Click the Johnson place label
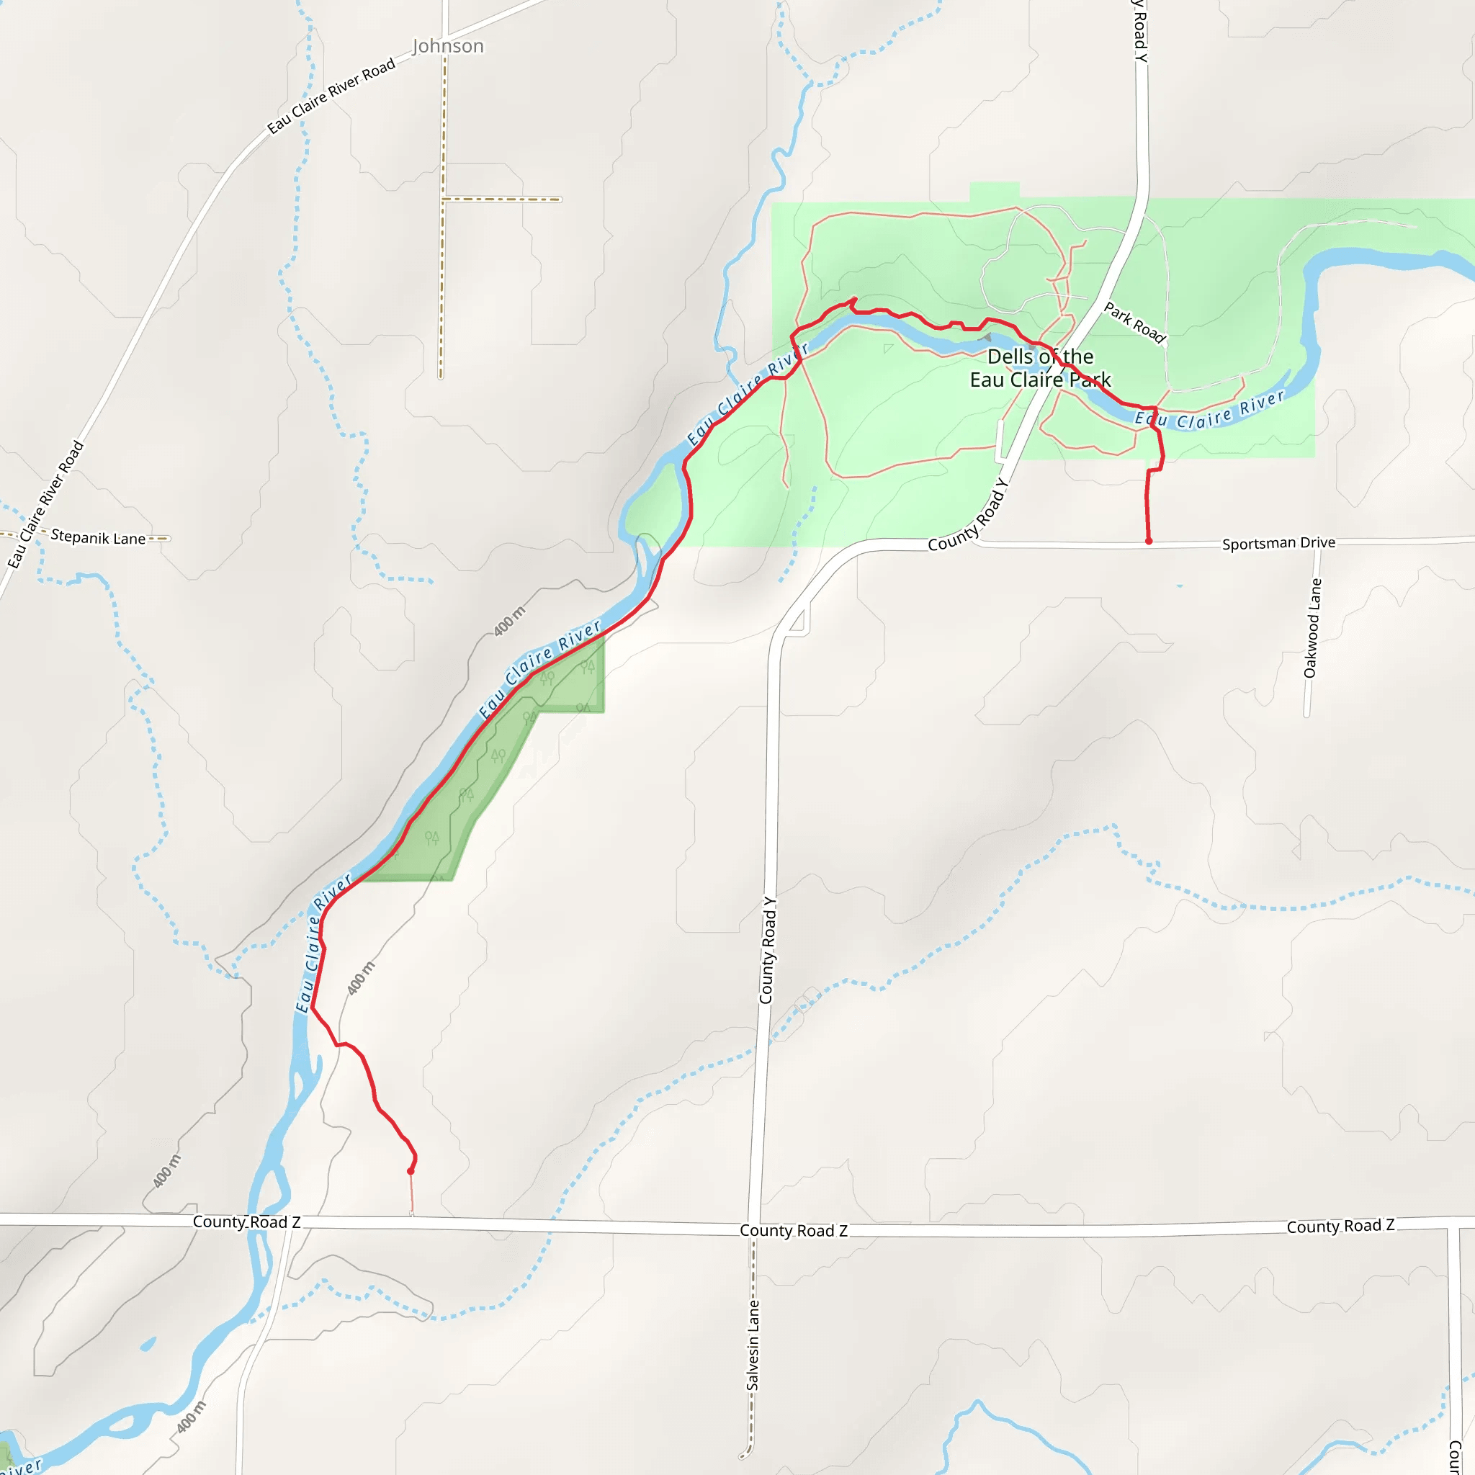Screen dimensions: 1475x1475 pyautogui.click(x=447, y=47)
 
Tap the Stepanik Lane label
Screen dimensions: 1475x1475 pyautogui.click(x=98, y=537)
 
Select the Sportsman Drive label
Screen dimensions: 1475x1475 pyautogui.click(x=1279, y=543)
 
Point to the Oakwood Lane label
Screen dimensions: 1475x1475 pyautogui.click(x=1312, y=627)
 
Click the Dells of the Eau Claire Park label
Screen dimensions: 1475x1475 pyautogui.click(x=1040, y=368)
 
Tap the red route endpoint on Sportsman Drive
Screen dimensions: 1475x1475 pyautogui.click(x=1148, y=542)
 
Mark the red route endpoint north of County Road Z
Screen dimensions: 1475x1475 pyautogui.click(x=411, y=1171)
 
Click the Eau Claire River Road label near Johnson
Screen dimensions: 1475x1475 pyautogui.click(x=331, y=97)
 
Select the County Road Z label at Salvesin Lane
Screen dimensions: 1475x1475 pyautogui.click(x=793, y=1231)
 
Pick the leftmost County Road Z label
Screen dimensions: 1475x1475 pyautogui.click(x=246, y=1222)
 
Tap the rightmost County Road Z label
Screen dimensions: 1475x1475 pyautogui.click(x=1340, y=1226)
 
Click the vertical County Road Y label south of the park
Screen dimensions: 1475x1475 pyautogui.click(x=767, y=950)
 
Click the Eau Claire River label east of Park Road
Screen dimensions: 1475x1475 pyautogui.click(x=1209, y=410)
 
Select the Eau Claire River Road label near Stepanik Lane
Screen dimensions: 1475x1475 pyautogui.click(x=46, y=505)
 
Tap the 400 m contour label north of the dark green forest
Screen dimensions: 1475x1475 pyautogui.click(x=509, y=621)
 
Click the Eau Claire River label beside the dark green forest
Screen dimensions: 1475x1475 pyautogui.click(x=539, y=669)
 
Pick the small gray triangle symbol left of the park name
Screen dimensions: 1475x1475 pyautogui.click(x=987, y=336)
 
